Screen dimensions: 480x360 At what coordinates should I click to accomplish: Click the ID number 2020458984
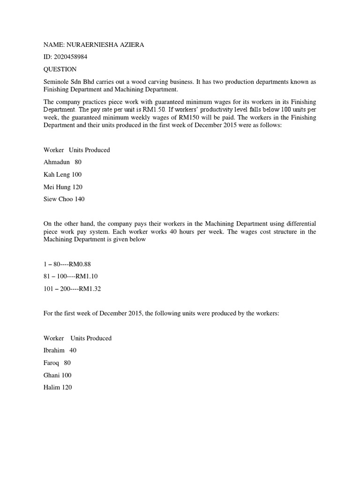[x=70, y=57]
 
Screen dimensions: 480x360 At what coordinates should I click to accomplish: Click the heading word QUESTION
[x=60, y=69]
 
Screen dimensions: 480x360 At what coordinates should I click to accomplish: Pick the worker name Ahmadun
[x=56, y=162]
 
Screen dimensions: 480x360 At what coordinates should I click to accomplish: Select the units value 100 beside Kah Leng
[x=76, y=174]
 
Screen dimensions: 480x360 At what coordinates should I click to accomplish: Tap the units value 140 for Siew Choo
[x=80, y=199]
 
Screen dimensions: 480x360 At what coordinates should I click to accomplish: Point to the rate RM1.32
[x=90, y=289]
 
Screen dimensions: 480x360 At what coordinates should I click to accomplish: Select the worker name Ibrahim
[x=54, y=351]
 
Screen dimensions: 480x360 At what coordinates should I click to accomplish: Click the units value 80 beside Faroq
[x=67, y=363]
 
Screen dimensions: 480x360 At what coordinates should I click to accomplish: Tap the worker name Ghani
[x=52, y=375]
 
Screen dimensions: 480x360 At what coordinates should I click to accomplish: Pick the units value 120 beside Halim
[x=66, y=387]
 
